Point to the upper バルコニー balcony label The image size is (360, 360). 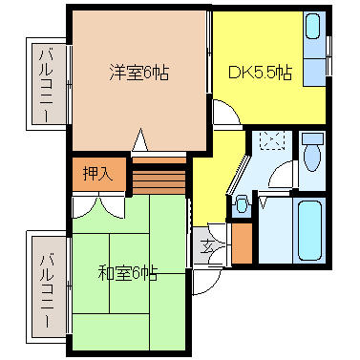(x=45, y=85)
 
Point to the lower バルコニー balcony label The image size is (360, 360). (x=45, y=284)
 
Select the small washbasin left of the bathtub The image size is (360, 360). (x=242, y=203)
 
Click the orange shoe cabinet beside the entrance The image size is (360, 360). (x=242, y=243)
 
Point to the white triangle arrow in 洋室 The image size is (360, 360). (x=139, y=141)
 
